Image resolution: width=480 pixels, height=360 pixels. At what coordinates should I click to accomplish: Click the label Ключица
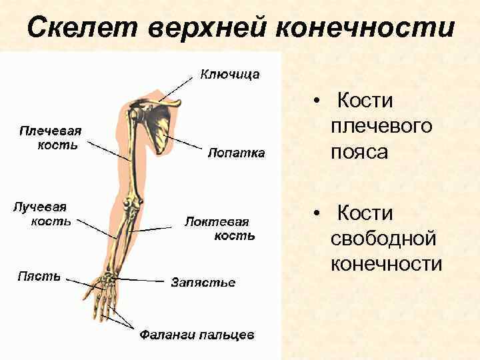pyautogui.click(x=230, y=74)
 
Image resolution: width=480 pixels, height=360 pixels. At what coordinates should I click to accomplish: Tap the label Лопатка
pyautogui.click(x=235, y=153)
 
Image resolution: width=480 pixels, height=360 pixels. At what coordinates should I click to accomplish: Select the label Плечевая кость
pyautogui.click(x=50, y=137)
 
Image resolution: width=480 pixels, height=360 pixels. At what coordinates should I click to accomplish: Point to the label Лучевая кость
pyautogui.click(x=41, y=214)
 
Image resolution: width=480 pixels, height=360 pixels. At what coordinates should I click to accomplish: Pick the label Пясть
pyautogui.click(x=39, y=275)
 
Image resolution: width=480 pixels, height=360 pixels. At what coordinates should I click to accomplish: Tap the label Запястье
pyautogui.click(x=203, y=282)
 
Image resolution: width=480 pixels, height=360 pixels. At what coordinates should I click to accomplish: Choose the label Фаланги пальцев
pyautogui.click(x=196, y=335)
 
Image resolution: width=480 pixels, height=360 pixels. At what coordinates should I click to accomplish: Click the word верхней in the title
pyautogui.click(x=209, y=27)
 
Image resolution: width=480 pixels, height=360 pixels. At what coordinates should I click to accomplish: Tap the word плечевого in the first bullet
pyautogui.click(x=381, y=126)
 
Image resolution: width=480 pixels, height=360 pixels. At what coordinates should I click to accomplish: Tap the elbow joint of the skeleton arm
pyautogui.click(x=135, y=203)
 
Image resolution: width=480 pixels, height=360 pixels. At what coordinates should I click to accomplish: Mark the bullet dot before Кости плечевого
pyautogui.click(x=321, y=101)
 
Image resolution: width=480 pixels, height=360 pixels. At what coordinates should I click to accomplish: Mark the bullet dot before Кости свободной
pyautogui.click(x=321, y=214)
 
